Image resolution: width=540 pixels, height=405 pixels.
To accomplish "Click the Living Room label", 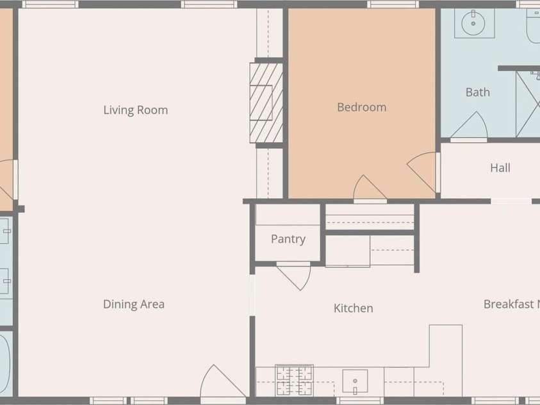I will coord(135,110).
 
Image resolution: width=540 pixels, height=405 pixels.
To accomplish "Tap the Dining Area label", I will coord(133,304).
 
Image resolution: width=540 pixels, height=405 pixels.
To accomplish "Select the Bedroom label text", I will coord(361,107).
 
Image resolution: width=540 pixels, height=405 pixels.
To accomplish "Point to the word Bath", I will coord(477,92).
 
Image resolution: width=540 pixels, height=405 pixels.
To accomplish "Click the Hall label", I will coord(500,168).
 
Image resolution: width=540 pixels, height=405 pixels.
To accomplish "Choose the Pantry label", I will coord(288,239).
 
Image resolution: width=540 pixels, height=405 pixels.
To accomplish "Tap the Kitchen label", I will coord(353,308).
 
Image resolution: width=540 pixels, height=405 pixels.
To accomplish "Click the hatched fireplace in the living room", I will coord(266,103).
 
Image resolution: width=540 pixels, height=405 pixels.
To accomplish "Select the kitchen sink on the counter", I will coord(354,381).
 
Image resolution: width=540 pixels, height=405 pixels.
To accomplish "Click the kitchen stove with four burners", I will coord(294,380).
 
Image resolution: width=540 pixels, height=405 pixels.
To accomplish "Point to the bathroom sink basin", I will coord(475,24).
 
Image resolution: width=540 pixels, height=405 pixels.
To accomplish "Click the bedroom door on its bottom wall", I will coord(369,188).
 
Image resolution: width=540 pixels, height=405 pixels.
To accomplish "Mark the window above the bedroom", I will coord(393,4).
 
